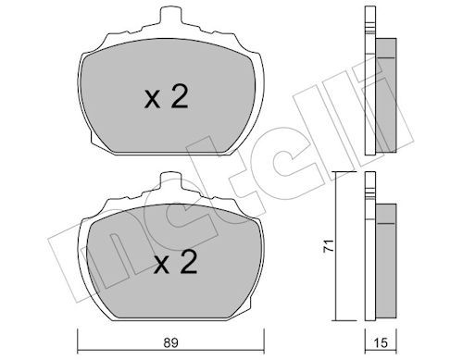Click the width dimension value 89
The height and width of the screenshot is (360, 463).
[170, 343]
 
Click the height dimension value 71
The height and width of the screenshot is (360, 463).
[329, 245]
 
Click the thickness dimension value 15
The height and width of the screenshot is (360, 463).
[382, 343]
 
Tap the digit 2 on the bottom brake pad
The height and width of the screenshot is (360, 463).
[189, 262]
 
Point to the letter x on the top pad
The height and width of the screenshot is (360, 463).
[152, 100]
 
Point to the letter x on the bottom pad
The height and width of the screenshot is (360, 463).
[162, 266]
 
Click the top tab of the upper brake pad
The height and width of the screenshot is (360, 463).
[170, 15]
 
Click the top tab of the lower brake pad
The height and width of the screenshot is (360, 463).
[170, 180]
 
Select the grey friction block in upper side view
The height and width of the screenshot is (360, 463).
[386, 95]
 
